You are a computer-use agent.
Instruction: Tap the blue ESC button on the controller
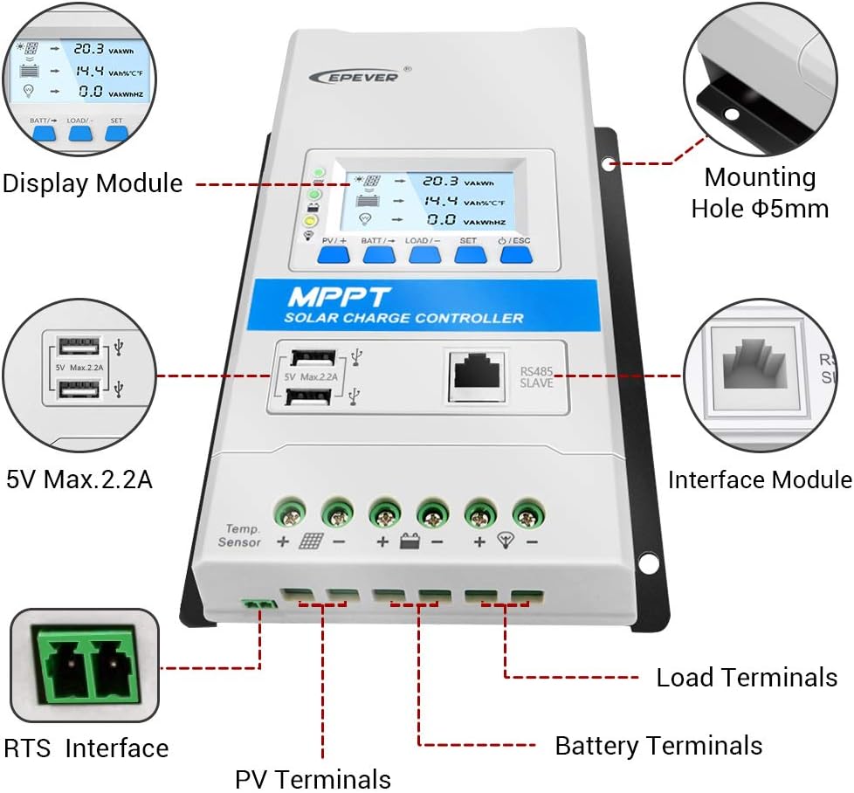(515, 254)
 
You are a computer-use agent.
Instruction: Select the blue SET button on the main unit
(470, 254)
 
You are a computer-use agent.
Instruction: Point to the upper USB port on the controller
(312, 357)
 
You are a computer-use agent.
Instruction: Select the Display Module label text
(93, 183)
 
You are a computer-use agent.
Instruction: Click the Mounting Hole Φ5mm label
(759, 193)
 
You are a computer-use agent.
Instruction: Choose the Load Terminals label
(746, 678)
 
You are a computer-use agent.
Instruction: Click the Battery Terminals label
(658, 746)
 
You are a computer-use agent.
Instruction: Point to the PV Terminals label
(313, 778)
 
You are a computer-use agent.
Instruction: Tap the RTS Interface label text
(86, 748)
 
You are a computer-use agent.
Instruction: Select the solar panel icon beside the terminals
(311, 541)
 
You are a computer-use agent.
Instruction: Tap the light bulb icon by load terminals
(504, 541)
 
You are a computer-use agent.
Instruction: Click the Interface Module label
(759, 479)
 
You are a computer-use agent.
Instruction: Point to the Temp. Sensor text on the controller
(238, 535)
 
